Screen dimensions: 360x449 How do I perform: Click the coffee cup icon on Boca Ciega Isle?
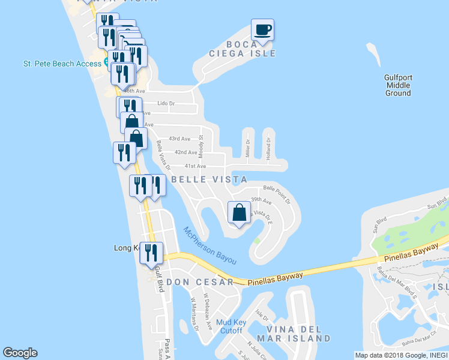coord(262,29)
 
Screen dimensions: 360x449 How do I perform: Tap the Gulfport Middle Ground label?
coord(398,85)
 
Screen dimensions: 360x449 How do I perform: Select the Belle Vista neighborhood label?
coord(209,179)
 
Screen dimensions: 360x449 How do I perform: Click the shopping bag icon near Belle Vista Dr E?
coord(240,213)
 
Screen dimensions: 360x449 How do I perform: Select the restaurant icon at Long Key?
coord(151,253)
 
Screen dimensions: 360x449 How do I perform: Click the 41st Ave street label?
coord(195,166)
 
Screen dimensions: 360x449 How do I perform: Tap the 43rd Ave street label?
coord(179,139)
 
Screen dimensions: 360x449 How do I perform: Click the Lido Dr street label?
coord(166,103)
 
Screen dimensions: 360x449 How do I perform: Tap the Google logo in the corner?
coord(20,353)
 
